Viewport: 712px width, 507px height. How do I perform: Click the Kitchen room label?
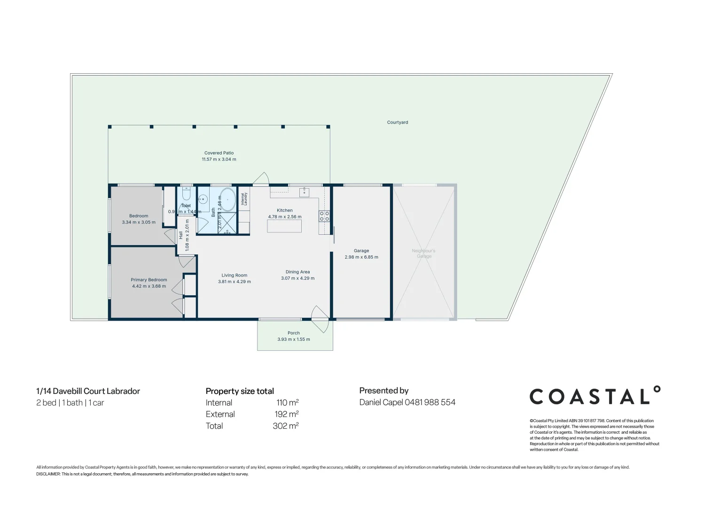(x=284, y=210)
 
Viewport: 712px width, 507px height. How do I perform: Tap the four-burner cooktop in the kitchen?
(x=324, y=216)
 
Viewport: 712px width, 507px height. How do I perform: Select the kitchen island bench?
(x=284, y=226)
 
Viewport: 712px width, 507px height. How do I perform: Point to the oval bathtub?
(x=228, y=200)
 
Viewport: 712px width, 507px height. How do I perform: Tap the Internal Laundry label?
(x=244, y=199)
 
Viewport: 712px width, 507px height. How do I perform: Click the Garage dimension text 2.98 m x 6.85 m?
(x=361, y=257)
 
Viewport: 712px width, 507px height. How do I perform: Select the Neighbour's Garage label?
(x=423, y=253)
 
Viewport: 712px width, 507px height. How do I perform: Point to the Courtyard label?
(x=397, y=123)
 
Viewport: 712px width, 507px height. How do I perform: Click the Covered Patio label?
(x=219, y=153)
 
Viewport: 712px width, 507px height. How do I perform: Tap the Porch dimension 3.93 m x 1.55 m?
(x=293, y=339)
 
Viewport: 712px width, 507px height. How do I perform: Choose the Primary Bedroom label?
(x=149, y=280)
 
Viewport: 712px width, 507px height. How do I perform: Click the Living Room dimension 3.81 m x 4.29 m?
(x=234, y=282)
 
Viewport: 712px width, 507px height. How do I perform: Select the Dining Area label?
(x=297, y=272)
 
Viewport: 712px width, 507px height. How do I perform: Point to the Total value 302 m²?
(x=285, y=426)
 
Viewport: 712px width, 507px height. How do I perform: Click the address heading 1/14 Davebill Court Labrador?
(x=88, y=391)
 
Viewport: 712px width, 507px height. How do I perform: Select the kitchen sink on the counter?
(x=304, y=192)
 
